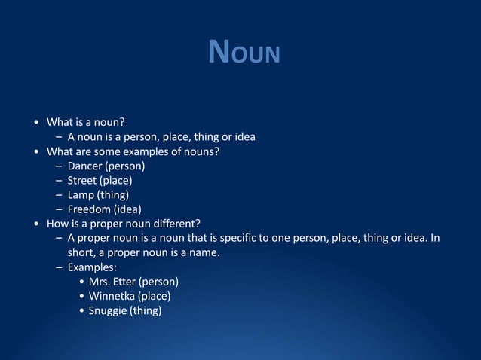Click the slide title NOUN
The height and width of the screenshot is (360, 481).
pos(244,53)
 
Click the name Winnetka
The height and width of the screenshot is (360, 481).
pos(112,295)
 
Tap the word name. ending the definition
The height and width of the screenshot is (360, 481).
pos(204,252)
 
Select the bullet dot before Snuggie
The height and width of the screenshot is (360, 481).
pos(81,310)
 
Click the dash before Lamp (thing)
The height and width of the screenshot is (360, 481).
pos(59,194)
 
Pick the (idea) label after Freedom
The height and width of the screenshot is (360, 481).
pos(127,209)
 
